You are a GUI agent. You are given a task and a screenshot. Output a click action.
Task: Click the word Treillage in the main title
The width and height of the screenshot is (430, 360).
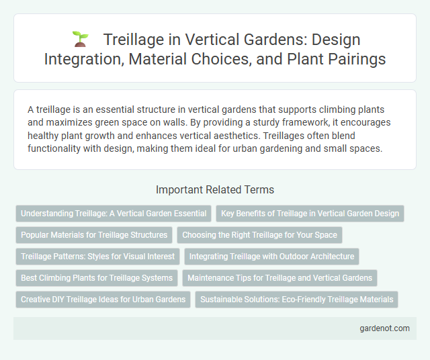pos(135,40)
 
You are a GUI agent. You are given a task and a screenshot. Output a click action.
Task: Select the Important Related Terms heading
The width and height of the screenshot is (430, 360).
pos(214,189)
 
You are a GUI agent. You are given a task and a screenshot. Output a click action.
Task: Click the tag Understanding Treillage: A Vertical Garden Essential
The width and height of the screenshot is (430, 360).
pos(114,214)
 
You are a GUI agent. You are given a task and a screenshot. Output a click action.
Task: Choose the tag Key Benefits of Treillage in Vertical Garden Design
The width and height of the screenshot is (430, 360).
pos(310,214)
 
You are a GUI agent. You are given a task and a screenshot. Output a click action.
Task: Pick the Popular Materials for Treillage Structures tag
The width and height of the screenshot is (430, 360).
pos(94,235)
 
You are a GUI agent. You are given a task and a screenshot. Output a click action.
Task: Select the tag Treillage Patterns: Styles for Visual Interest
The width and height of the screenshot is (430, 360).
pos(97,256)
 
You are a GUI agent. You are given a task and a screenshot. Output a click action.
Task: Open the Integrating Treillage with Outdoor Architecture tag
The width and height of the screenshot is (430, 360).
pos(272,256)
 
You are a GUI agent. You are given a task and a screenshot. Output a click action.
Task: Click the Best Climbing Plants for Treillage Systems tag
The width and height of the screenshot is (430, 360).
pos(97,277)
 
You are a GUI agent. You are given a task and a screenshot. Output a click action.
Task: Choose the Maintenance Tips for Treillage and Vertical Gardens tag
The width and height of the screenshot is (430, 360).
pos(279,277)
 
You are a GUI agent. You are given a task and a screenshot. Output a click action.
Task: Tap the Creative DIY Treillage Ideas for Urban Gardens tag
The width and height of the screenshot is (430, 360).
pos(103,299)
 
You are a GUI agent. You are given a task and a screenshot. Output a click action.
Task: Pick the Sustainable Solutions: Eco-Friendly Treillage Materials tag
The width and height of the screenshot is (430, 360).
pos(297,299)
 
